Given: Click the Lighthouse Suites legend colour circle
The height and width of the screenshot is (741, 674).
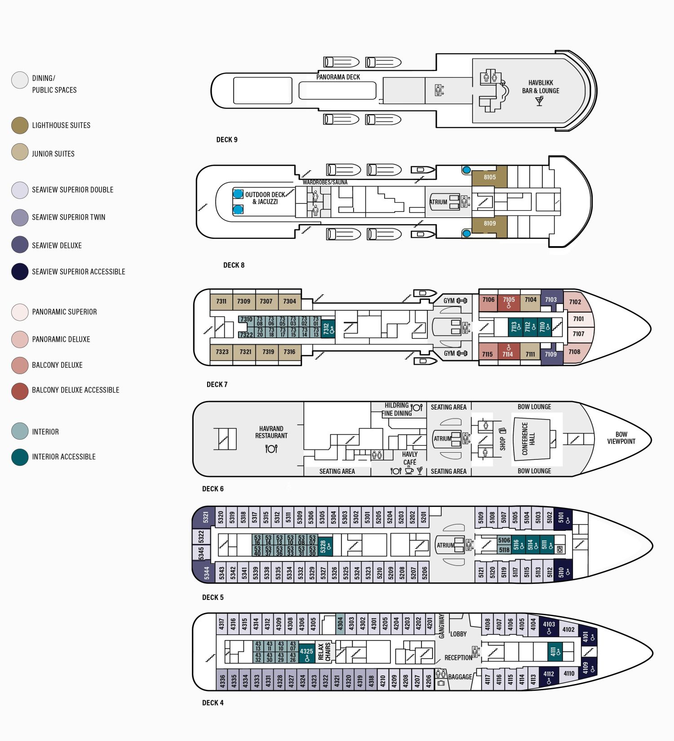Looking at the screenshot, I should coord(20,125).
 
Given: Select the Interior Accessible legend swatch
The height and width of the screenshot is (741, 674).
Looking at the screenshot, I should coord(20,457).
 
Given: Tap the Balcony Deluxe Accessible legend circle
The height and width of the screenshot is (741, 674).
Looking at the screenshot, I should coord(20,390).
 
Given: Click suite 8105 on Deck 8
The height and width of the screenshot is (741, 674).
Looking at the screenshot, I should coord(489,177).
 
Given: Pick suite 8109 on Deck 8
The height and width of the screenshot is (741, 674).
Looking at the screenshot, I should coord(489,224).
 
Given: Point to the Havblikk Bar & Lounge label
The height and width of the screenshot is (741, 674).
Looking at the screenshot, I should coord(541,87).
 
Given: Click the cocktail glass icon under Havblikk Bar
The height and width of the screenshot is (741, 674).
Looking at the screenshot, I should coord(540,101).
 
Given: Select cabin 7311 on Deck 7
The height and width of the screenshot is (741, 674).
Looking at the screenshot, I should coord(222,301).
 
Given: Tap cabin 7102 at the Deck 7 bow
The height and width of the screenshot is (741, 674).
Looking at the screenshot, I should coord(575,302).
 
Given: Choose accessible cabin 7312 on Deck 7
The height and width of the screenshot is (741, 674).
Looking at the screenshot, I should coord(328,329).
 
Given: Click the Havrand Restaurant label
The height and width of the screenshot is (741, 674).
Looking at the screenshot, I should coord(271,432).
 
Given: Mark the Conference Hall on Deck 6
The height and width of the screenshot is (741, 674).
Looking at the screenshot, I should coord(532,438).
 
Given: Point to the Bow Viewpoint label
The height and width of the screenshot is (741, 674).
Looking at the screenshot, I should coord(621,438).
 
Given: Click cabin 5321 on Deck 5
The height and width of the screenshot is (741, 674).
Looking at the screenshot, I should coord(205,517).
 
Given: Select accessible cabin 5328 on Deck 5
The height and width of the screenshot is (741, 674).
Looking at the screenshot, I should coord(325,547).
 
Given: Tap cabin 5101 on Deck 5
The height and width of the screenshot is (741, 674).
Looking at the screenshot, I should coord(562,518).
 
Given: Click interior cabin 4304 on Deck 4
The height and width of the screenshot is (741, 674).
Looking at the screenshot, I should coord(340,623).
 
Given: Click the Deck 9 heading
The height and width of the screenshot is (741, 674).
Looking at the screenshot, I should coord(227,140).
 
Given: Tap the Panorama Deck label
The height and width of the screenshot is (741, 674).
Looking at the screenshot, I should coord(338,77).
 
